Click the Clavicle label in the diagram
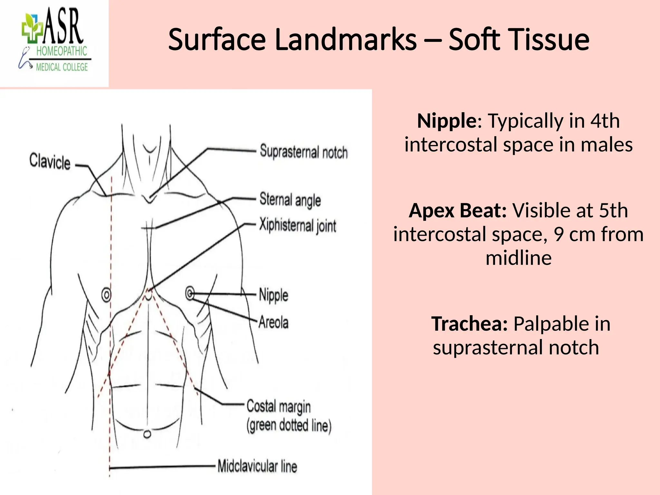(x=50, y=161)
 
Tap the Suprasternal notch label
(x=304, y=152)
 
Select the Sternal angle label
(x=290, y=200)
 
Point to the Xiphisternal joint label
(x=298, y=225)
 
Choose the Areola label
(x=274, y=322)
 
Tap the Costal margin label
(x=279, y=407)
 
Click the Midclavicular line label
(x=257, y=466)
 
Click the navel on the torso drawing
(x=147, y=434)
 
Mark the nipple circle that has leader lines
(x=190, y=294)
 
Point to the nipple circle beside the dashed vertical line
(x=106, y=295)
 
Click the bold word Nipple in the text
(x=447, y=121)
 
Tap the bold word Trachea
(x=470, y=324)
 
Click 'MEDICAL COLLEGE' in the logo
(x=62, y=67)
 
